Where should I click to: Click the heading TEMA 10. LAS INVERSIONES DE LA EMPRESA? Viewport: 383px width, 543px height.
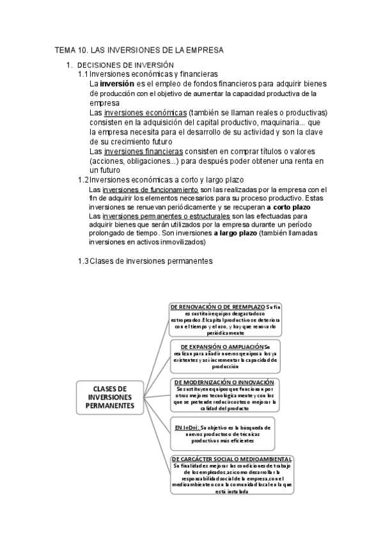[139, 50]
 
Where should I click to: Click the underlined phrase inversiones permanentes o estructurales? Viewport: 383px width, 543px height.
[166, 217]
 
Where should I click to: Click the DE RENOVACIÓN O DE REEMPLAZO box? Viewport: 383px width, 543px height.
[230, 319]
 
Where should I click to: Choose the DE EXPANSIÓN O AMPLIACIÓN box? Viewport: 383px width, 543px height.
[232, 356]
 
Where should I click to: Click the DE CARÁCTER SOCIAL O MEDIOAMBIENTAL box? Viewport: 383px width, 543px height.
[232, 474]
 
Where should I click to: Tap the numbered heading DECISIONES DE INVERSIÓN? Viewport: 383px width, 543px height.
[125, 65]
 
